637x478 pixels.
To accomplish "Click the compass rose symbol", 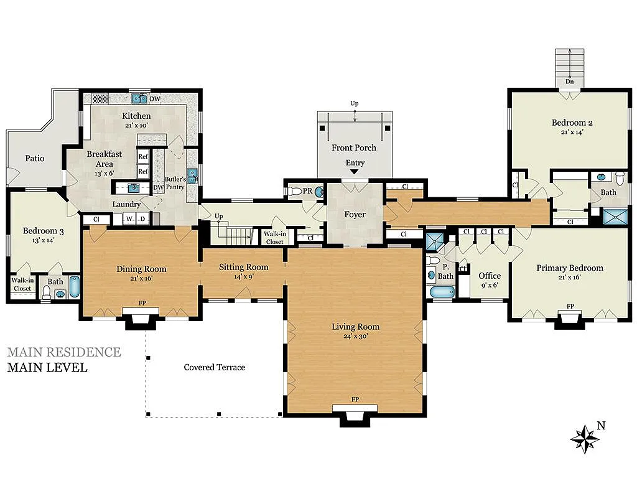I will [x=585, y=438].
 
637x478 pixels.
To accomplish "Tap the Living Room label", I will [x=355, y=327].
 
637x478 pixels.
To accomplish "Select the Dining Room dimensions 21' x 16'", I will [x=141, y=278].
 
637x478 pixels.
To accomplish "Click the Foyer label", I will [x=355, y=215].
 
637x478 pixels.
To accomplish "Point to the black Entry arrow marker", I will [x=355, y=171].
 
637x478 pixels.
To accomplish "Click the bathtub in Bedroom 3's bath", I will [x=73, y=287].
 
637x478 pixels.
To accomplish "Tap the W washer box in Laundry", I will [x=129, y=218].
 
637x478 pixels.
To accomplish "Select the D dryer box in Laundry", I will [x=142, y=218].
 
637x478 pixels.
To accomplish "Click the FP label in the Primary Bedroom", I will [x=570, y=306].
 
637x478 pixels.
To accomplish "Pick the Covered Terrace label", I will [x=214, y=367].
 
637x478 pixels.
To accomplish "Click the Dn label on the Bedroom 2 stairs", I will [x=569, y=82].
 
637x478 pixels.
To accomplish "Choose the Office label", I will [x=490, y=276].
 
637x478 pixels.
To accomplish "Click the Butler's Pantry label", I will [x=175, y=183].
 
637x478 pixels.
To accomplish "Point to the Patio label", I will [x=35, y=158].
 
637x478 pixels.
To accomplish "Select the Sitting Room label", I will [x=243, y=267].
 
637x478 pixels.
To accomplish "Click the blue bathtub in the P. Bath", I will [x=442, y=293].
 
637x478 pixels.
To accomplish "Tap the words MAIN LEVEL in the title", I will [x=47, y=367].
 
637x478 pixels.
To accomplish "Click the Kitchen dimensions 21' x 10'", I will [x=136, y=125].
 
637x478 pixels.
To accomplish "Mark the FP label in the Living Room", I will [x=355, y=399].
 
